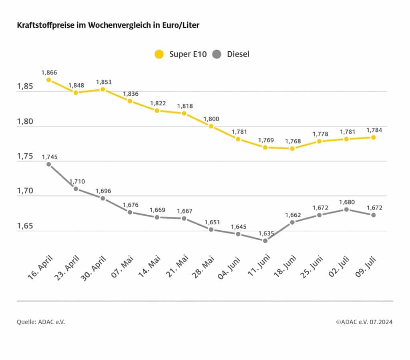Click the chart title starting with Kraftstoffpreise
108,25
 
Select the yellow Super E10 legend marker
159,54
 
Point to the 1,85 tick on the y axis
25,86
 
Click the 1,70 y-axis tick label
25,191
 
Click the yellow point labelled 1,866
49,80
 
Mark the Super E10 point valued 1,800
211,126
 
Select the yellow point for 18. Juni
292,148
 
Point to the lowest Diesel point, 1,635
265,240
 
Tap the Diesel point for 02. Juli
346,209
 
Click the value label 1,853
103,82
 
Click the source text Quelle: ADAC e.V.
41,322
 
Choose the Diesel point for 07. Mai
130,212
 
